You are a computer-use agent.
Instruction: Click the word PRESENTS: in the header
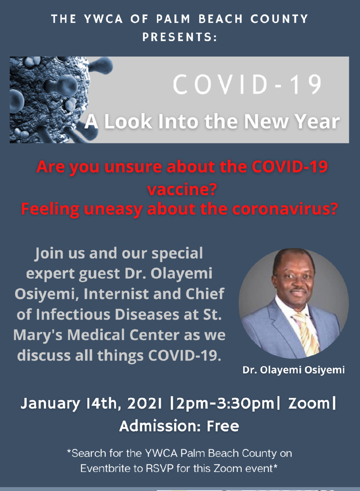[180, 37]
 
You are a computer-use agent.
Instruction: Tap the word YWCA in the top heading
[103, 19]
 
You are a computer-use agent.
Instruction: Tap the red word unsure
[133, 167]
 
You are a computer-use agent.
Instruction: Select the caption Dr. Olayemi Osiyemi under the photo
[293, 370]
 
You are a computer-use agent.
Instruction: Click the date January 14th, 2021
[91, 403]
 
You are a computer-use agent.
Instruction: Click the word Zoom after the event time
[309, 403]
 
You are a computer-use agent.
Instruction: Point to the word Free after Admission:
[223, 426]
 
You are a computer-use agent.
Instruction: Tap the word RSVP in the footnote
[160, 469]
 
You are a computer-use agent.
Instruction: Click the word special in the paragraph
[177, 254]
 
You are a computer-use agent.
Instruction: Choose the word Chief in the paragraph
[205, 294]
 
